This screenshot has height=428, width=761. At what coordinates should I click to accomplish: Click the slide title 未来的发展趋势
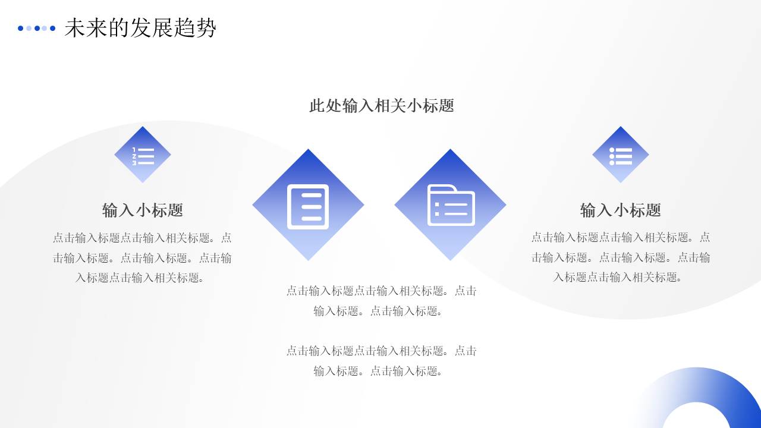(x=140, y=28)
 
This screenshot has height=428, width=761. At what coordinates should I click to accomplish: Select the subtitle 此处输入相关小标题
(x=382, y=106)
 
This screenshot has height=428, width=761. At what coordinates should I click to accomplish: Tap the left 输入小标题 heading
(x=143, y=210)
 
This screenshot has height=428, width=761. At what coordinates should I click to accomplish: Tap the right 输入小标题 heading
(x=621, y=210)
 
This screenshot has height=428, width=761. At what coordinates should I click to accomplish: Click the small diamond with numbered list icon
(x=143, y=155)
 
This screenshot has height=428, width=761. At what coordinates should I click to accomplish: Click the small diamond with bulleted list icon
(x=621, y=155)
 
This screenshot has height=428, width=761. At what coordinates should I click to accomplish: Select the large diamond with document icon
(x=308, y=205)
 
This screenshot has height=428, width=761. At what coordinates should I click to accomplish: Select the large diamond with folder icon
(x=450, y=205)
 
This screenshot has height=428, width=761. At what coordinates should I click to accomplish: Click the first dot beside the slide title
(x=21, y=28)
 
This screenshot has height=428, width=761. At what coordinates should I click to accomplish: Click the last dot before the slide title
(x=53, y=28)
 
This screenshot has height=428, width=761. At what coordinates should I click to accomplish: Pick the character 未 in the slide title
(x=74, y=28)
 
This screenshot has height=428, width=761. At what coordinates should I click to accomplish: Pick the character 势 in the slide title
(x=206, y=28)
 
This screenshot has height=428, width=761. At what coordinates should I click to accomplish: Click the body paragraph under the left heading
(x=143, y=257)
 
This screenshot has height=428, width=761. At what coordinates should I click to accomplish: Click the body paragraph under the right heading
(x=621, y=257)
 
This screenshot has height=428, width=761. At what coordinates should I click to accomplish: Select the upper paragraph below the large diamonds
(x=382, y=301)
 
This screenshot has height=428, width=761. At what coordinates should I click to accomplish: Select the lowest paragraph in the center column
(x=382, y=361)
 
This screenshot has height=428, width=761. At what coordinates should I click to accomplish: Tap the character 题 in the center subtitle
(x=446, y=106)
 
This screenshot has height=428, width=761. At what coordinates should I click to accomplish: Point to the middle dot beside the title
(x=37, y=28)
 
